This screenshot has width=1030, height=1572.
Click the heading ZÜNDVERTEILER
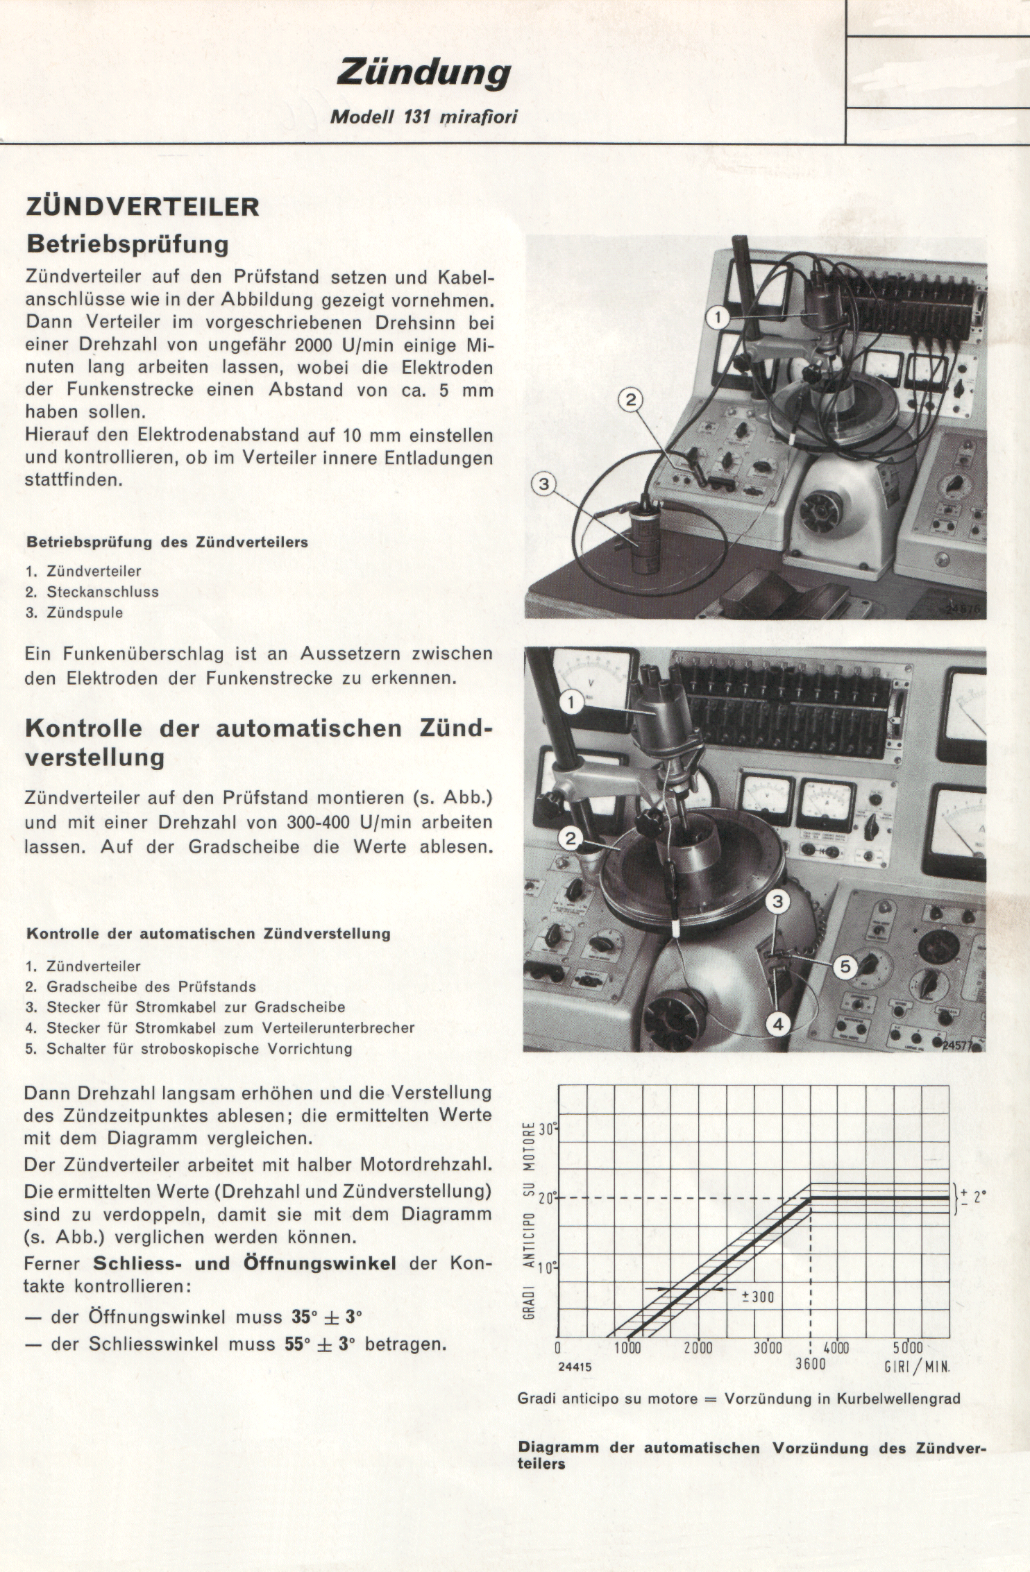tap(142, 207)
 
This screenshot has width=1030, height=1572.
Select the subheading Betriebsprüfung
tap(127, 244)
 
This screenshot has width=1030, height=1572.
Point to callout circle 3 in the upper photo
tap(543, 484)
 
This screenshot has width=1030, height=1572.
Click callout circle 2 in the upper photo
tap(630, 400)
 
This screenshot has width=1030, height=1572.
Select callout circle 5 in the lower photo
tap(845, 968)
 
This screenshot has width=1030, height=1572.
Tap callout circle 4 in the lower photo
tap(778, 1024)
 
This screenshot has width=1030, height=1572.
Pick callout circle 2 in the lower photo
tap(571, 839)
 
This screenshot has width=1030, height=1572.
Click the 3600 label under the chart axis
tap(810, 1365)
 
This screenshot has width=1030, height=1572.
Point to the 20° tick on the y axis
tap(548, 1198)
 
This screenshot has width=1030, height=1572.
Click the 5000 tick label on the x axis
tap(907, 1348)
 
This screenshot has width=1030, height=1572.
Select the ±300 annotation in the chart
tap(758, 1297)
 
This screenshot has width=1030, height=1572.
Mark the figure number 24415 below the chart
tap(575, 1367)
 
